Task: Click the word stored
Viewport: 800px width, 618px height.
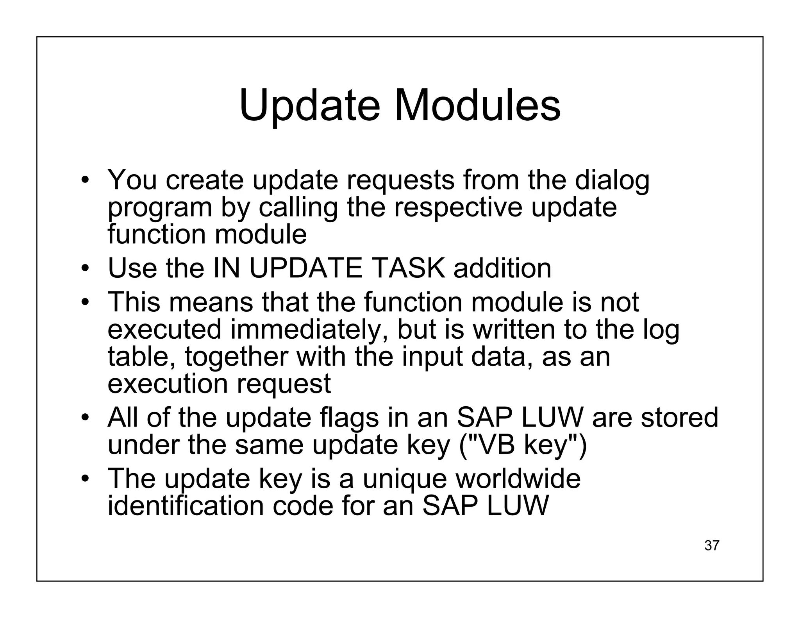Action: click(x=679, y=418)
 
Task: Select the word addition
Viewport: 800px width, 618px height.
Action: click(x=502, y=268)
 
